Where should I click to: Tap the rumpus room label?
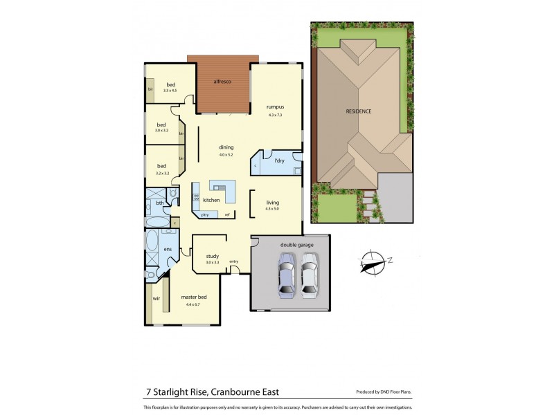tap(276, 107)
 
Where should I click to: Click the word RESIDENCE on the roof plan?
tap(359, 111)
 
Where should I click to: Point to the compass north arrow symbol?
tap(374, 261)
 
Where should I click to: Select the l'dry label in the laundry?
tap(279, 161)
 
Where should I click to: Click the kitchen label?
tap(211, 200)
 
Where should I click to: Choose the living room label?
tap(273, 203)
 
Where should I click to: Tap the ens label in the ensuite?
tap(168, 249)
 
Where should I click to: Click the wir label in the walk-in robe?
tap(157, 299)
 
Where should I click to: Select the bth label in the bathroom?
tap(160, 203)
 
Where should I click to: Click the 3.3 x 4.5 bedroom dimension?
tap(170, 91)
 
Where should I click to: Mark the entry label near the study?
tap(234, 261)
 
